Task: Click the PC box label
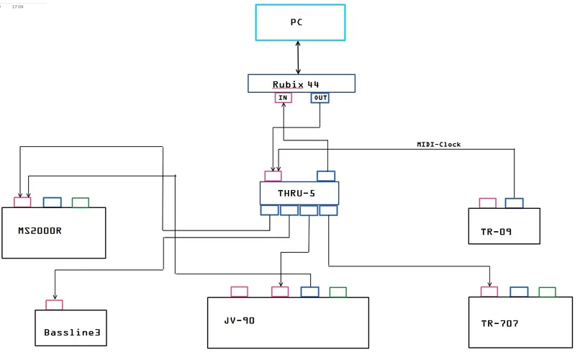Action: (296, 22)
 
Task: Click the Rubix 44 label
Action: (296, 84)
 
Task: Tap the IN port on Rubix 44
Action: (283, 98)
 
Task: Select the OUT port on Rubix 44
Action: (320, 98)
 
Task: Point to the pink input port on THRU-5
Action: (273, 176)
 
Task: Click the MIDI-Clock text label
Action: (438, 145)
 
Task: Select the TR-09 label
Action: (496, 233)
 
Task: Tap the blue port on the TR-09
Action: (514, 203)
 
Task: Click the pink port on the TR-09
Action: (487, 203)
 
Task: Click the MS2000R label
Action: (40, 231)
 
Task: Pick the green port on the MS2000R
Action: (81, 203)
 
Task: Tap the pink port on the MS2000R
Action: (22, 203)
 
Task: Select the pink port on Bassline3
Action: (54, 305)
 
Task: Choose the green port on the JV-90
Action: (337, 292)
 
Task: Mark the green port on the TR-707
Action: (547, 292)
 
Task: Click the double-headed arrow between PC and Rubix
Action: (298, 57)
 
